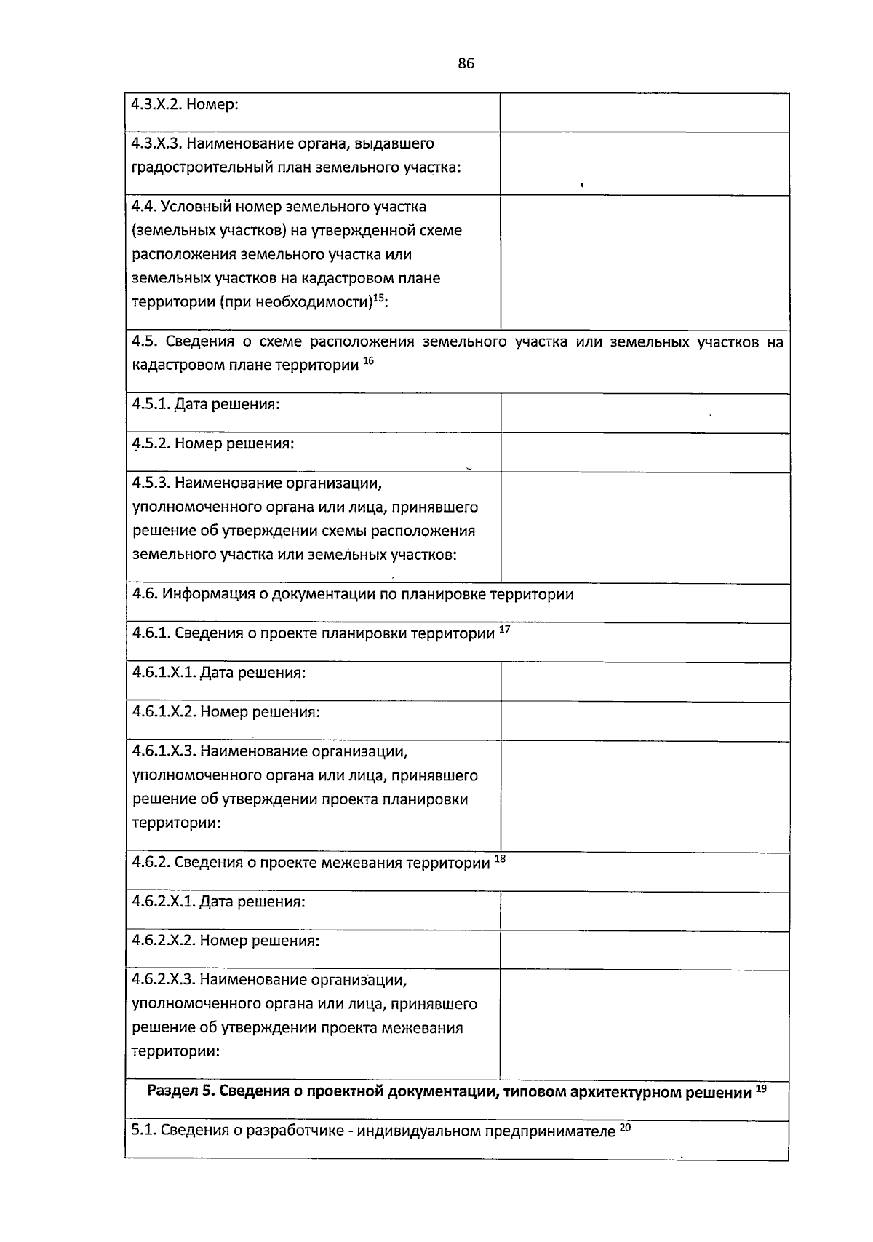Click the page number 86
click(466, 63)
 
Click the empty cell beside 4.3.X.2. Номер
click(645, 113)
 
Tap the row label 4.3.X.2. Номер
click(185, 104)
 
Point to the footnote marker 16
click(368, 360)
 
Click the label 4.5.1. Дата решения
click(206, 404)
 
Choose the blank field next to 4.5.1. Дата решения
click(645, 414)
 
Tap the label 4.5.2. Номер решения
click(213, 443)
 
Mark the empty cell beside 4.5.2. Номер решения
click(645, 453)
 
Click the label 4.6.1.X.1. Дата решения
click(219, 673)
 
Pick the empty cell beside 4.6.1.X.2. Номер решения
click(645, 721)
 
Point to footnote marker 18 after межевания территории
click(500, 859)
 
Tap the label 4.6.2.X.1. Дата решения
click(219, 902)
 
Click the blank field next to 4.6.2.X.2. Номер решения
click(645, 951)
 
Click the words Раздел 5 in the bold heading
click(178, 1091)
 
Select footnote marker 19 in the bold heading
click(761, 1088)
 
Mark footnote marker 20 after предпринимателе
click(626, 1128)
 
